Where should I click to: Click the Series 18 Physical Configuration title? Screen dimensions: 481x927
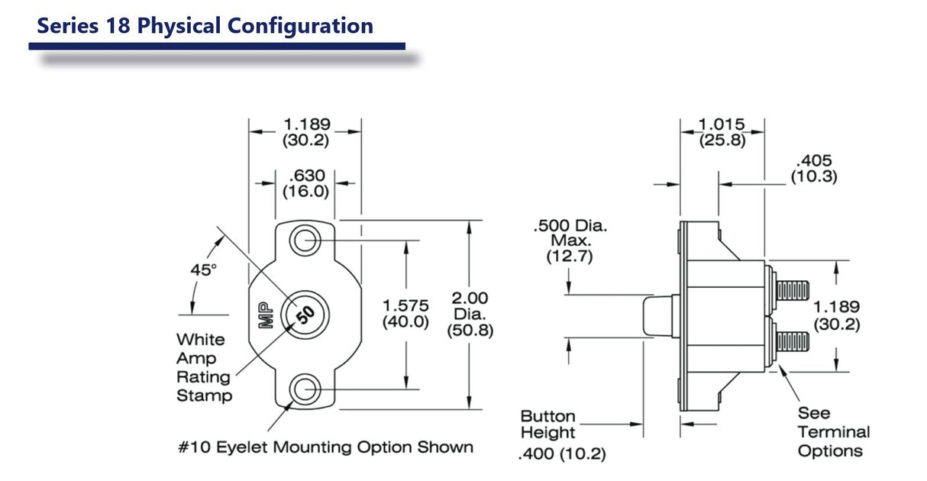click(205, 26)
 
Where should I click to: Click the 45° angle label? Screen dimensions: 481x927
click(204, 270)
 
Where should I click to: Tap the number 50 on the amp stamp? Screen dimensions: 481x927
click(305, 315)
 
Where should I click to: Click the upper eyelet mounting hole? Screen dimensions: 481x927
click(305, 240)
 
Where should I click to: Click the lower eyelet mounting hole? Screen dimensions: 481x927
click(305, 388)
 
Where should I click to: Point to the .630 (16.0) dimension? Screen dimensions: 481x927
click(305, 184)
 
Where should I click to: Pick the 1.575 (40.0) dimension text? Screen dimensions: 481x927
click(405, 314)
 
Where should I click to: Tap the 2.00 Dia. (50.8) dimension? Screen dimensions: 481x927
click(470, 314)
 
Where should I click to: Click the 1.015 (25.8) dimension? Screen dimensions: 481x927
click(722, 133)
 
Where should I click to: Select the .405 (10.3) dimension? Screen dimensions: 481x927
click(813, 169)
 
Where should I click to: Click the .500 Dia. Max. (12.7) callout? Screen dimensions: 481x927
click(569, 241)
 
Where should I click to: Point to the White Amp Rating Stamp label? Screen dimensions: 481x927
click(204, 367)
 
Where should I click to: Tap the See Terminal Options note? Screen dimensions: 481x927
click(833, 432)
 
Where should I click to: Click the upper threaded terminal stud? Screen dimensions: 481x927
click(792, 290)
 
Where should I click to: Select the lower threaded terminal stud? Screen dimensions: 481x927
click(792, 338)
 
